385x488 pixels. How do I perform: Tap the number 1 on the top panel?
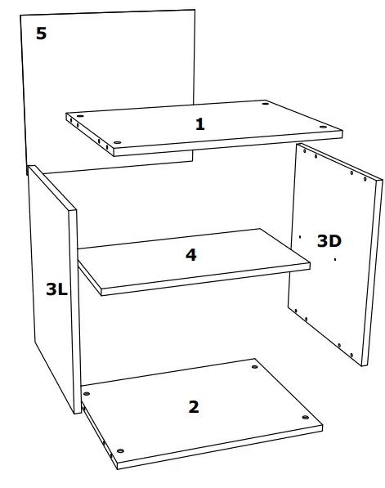(x=199, y=124)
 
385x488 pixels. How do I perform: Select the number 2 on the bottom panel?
(x=193, y=406)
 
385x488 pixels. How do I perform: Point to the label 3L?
(x=56, y=288)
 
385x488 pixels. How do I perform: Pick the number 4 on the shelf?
(x=190, y=254)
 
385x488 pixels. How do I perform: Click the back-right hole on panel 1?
(x=266, y=104)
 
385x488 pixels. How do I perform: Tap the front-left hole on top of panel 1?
(x=117, y=142)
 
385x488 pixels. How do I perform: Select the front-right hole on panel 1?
(x=325, y=126)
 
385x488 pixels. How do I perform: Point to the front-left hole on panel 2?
(x=120, y=450)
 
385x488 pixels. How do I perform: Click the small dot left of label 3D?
(x=301, y=237)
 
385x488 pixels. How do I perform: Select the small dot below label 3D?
(x=336, y=259)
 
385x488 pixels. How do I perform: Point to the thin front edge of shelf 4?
(x=204, y=279)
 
